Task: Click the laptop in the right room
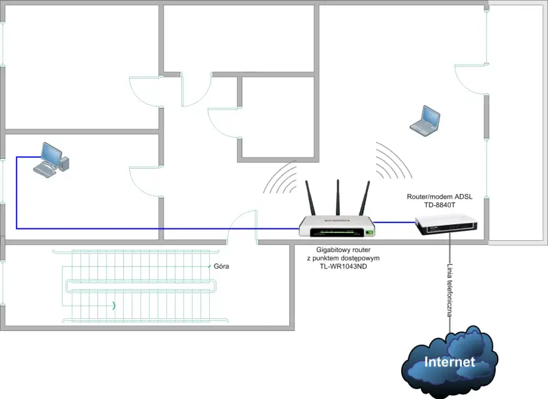(425, 121)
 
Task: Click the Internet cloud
(449, 361)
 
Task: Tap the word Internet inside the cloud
(449, 363)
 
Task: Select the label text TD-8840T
(440, 205)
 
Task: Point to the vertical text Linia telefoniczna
(449, 289)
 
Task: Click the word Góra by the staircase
(221, 267)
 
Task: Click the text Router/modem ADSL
(440, 197)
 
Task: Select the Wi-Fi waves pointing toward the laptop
(392, 161)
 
